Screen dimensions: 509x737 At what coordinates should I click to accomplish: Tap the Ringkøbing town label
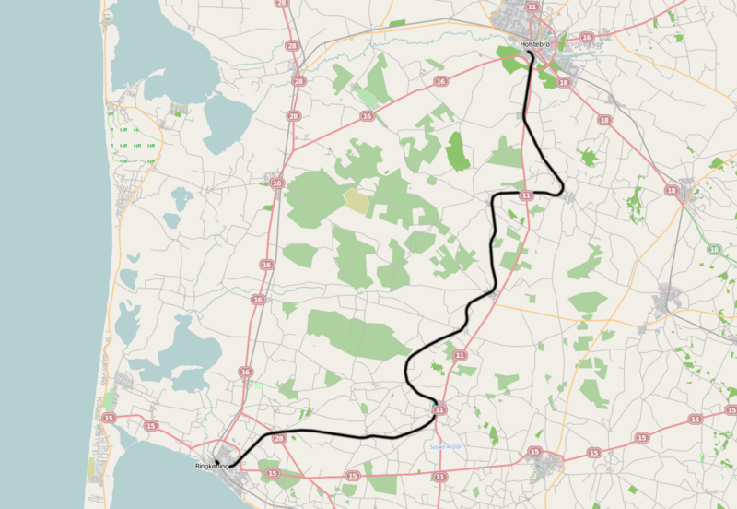pyautogui.click(x=211, y=467)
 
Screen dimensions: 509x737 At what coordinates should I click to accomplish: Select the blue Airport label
pyautogui.click(x=446, y=447)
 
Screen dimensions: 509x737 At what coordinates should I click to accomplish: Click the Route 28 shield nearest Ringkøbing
pyautogui.click(x=280, y=438)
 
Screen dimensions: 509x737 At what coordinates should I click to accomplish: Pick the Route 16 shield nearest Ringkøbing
pyautogui.click(x=245, y=372)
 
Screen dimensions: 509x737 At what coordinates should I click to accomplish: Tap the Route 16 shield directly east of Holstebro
pyautogui.click(x=587, y=37)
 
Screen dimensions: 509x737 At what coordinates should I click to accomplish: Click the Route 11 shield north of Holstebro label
pyautogui.click(x=532, y=6)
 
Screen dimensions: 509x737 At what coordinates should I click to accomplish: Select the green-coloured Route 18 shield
pyautogui.click(x=713, y=250)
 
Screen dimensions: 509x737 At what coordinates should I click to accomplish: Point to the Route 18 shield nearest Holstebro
pyautogui.click(x=564, y=83)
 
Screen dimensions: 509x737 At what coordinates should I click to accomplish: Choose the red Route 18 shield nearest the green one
pyautogui.click(x=671, y=189)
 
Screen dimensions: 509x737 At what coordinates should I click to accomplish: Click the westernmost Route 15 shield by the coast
pyautogui.click(x=110, y=419)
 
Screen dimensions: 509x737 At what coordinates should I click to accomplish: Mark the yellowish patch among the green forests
pyautogui.click(x=356, y=201)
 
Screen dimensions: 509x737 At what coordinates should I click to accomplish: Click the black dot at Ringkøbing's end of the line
pyautogui.click(x=217, y=461)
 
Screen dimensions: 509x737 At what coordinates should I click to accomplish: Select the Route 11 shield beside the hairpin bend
pyautogui.click(x=526, y=195)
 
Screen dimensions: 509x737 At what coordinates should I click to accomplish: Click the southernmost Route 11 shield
pyautogui.click(x=440, y=477)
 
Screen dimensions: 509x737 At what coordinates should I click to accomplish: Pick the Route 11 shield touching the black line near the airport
pyautogui.click(x=440, y=409)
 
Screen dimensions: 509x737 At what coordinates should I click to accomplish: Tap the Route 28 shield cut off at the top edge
pyautogui.click(x=280, y=4)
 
